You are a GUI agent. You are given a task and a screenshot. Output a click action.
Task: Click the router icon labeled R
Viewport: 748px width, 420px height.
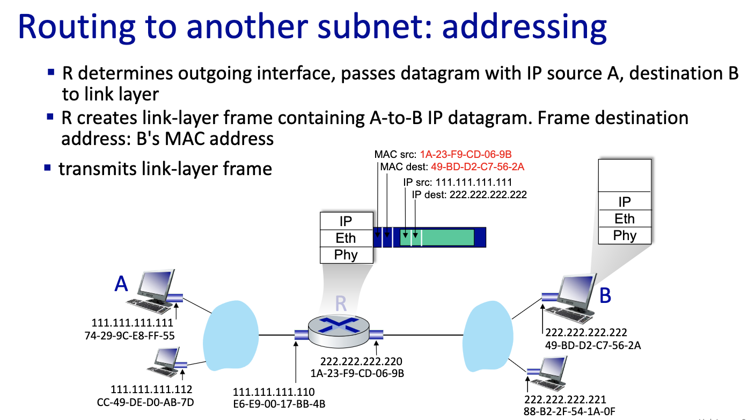coord(339,328)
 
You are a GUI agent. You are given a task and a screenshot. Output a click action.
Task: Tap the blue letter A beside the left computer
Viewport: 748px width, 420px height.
coord(122,284)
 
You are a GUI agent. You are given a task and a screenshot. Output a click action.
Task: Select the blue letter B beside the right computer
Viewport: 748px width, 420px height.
coord(605,295)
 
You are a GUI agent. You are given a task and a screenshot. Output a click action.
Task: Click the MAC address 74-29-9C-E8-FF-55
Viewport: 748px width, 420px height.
coord(133,335)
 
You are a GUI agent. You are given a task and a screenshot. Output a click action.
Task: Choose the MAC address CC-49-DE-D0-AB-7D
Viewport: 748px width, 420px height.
coord(151,402)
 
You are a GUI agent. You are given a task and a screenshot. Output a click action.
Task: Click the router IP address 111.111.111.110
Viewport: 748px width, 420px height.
coord(274,392)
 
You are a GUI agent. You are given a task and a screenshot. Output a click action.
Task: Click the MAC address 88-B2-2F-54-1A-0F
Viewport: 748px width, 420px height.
coord(569,411)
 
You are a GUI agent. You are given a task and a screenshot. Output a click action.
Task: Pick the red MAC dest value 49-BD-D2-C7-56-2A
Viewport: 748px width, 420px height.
coord(477,167)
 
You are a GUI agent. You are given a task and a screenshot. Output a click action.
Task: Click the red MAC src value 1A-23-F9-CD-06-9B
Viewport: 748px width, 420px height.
coord(466,155)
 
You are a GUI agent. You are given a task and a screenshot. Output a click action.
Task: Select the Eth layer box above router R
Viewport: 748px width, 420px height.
coord(346,238)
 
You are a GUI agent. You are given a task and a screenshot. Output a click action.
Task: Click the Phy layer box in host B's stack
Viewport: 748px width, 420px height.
coord(625,235)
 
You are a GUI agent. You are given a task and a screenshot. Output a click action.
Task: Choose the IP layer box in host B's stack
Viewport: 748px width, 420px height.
coord(625,202)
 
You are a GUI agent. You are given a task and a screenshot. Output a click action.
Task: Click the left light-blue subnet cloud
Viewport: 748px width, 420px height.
coord(232,334)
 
